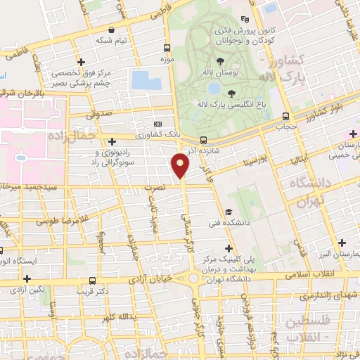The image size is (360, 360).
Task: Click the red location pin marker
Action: tap(182, 165)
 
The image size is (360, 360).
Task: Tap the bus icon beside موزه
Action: tap(167, 49)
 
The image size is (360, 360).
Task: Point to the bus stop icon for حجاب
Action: tap(285, 117)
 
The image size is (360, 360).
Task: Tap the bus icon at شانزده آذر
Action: tap(203, 140)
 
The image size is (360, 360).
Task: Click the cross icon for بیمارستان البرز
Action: tap(342, 242)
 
